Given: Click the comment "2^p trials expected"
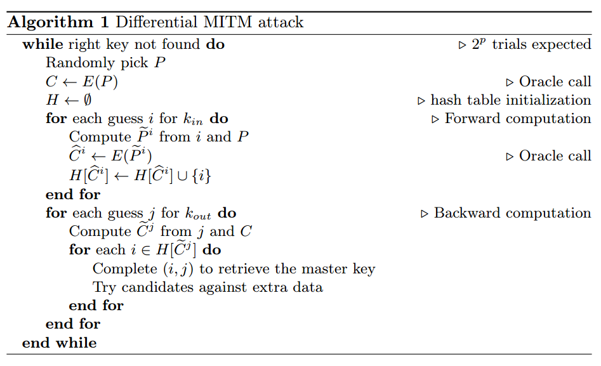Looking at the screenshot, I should point(531,44).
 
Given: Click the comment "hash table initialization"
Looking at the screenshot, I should point(510,100).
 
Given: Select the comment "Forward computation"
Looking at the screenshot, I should point(518,119).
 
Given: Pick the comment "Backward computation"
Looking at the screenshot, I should point(512,213).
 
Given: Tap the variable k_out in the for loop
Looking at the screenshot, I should point(197,214).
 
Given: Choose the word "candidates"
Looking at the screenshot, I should point(158,287).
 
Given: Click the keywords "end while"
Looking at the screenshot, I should point(59,343).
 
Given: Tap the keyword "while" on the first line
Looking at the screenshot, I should point(43,44).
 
